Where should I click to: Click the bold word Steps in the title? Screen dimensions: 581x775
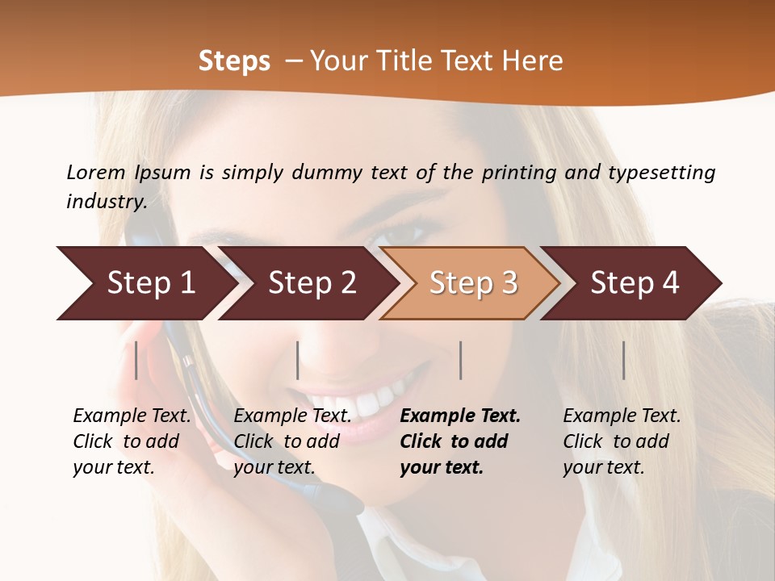[234, 61]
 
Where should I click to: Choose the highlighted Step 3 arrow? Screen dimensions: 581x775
[471, 283]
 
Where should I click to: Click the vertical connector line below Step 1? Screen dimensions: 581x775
[136, 360]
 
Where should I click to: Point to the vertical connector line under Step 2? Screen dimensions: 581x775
[298, 360]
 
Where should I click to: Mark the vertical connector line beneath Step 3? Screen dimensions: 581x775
[460, 360]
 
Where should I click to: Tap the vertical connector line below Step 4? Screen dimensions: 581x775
[623, 360]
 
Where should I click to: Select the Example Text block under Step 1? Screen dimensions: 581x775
[132, 441]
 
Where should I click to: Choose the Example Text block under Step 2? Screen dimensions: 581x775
[292, 441]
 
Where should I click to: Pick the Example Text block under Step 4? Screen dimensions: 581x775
[622, 441]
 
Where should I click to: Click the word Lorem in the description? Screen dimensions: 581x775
[96, 172]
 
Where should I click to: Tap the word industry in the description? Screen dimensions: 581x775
[106, 201]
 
